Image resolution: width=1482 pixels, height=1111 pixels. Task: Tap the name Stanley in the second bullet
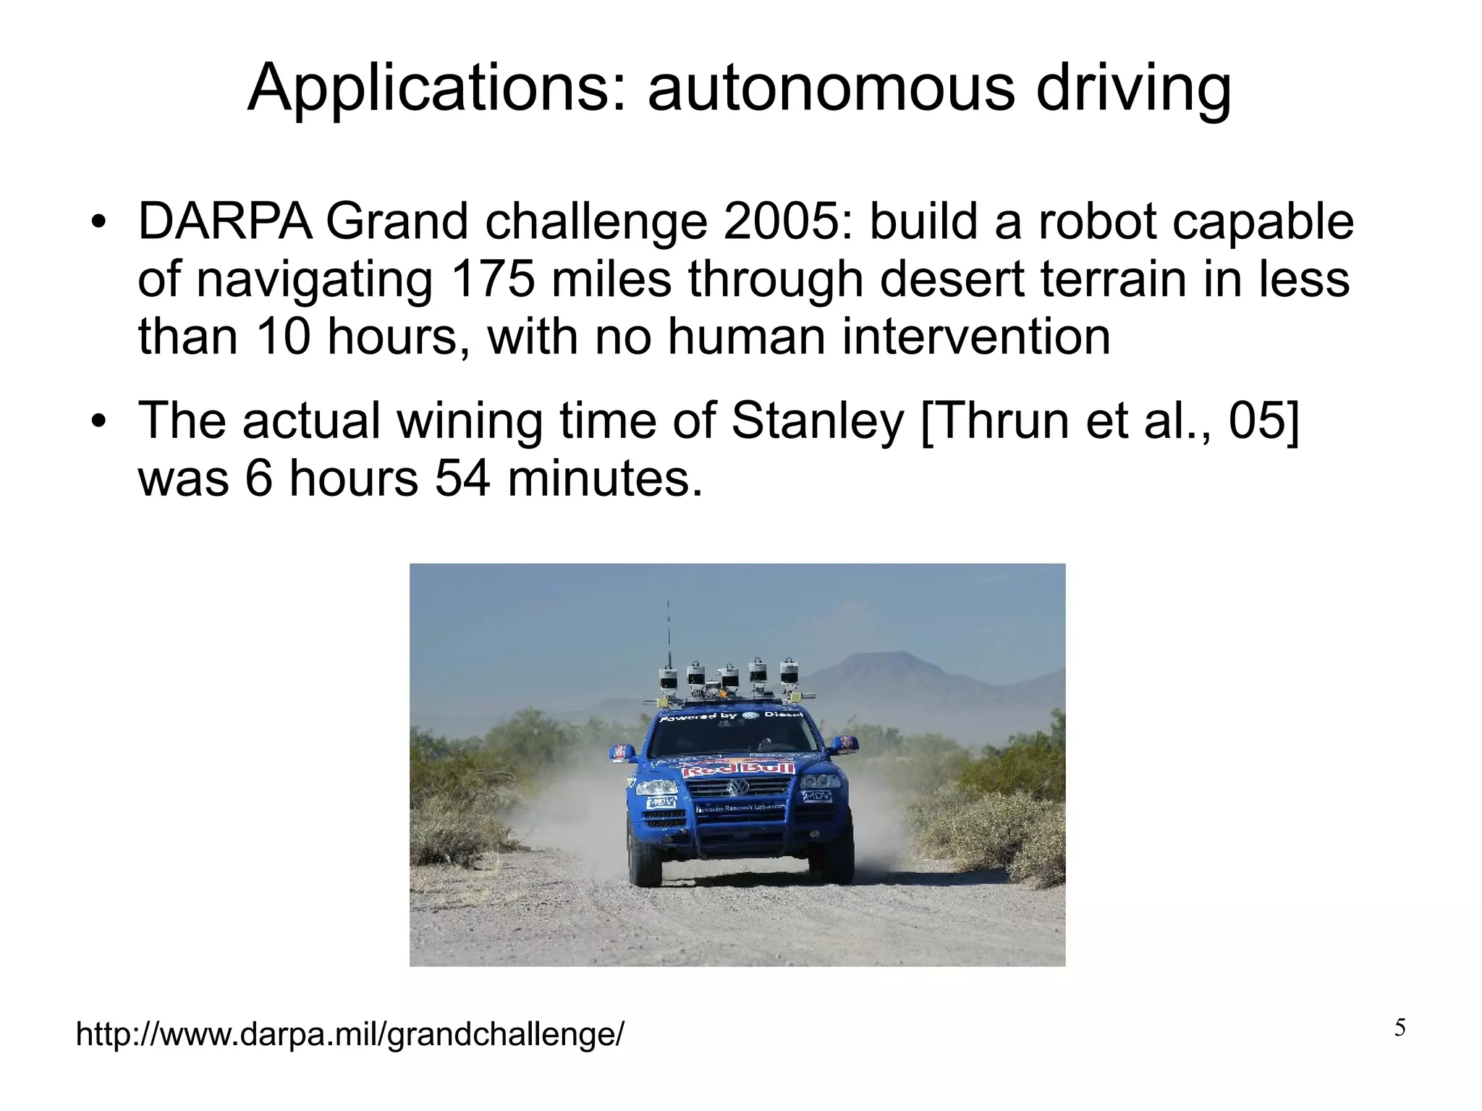pyautogui.click(x=818, y=421)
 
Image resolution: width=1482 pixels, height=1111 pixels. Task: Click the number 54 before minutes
pyautogui.click(x=465, y=478)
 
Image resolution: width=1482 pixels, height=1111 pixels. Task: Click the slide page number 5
pyautogui.click(x=1400, y=1028)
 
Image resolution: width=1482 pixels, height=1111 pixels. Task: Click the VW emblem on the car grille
pyautogui.click(x=738, y=787)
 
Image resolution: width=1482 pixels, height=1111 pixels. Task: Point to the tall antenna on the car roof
pyautogui.click(x=668, y=637)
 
